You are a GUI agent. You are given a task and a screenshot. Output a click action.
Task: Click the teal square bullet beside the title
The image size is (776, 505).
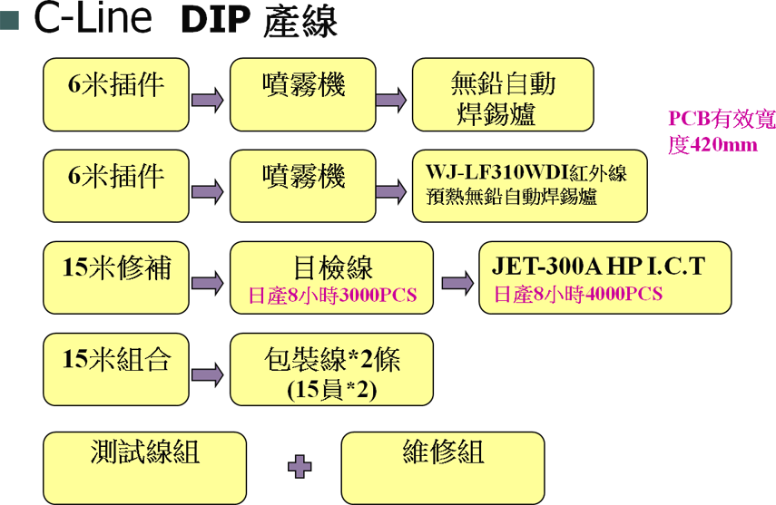[9, 20]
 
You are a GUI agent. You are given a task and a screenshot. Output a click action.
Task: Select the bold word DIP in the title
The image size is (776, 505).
[215, 21]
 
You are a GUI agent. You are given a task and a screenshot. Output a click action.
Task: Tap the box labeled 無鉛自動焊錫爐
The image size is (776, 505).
[503, 94]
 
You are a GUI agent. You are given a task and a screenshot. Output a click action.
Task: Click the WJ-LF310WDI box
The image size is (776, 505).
[529, 186]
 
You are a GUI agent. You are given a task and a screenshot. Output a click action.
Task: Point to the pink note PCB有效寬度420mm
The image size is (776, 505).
[722, 131]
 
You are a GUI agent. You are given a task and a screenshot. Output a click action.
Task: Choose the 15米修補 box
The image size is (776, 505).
[116, 277]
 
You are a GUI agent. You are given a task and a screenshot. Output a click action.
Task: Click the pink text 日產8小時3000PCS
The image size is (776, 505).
[332, 296]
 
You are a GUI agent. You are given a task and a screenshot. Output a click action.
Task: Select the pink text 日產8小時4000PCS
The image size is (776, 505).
[578, 294]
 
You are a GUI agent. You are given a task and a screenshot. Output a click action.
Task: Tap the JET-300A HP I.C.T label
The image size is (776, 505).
[598, 267]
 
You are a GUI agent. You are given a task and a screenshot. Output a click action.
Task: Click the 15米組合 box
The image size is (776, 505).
[116, 369]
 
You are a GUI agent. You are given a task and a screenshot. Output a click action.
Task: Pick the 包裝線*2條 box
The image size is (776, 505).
[331, 369]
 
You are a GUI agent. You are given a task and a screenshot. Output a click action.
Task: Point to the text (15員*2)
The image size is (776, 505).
[332, 390]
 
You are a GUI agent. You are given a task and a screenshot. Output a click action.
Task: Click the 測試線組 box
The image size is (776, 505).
[144, 468]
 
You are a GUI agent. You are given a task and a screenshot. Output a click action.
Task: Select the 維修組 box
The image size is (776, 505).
[443, 468]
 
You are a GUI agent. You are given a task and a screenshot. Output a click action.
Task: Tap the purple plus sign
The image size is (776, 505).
[300, 466]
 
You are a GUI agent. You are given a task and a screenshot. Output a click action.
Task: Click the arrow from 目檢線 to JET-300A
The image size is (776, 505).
[457, 283]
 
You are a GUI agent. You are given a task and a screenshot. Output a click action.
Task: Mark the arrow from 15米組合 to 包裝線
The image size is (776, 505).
[207, 374]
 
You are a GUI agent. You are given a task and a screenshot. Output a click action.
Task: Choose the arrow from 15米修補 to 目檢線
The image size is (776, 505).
[207, 283]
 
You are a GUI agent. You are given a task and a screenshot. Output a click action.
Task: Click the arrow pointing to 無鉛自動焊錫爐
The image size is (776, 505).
[391, 100]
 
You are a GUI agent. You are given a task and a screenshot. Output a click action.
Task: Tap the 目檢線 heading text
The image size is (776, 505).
[332, 267]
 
